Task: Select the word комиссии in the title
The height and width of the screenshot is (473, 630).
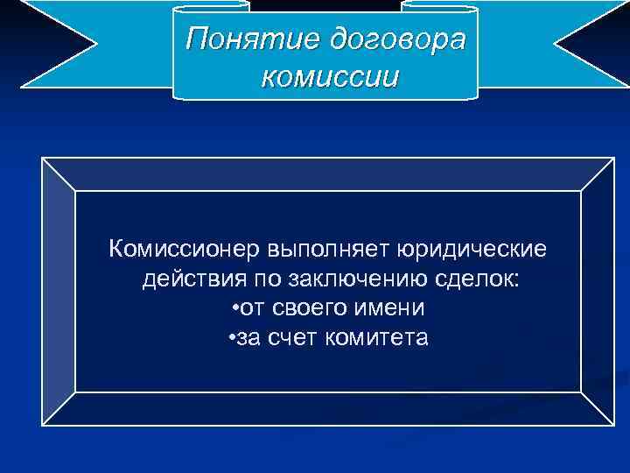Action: [x=329, y=76]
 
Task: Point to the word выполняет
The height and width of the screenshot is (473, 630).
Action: [x=312, y=251]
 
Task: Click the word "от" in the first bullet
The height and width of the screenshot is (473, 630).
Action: [x=255, y=308]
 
